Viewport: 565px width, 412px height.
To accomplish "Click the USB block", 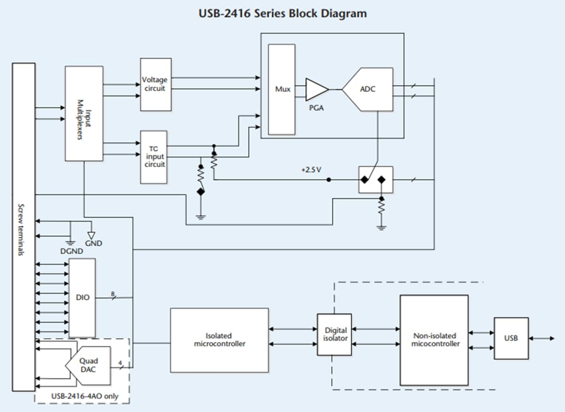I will pyautogui.click(x=511, y=338).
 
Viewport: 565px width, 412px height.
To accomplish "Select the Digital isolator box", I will pyautogui.click(x=334, y=334).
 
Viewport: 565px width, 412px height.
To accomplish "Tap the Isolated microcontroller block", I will pyautogui.click(x=219, y=340).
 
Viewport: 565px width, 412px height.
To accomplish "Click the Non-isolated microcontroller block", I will pyautogui.click(x=434, y=340).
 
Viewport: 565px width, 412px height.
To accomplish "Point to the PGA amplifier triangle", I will pyautogui.click(x=316, y=89).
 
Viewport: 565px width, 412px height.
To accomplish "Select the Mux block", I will pyautogui.click(x=282, y=89).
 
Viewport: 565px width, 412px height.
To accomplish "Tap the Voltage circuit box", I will pyautogui.click(x=155, y=84).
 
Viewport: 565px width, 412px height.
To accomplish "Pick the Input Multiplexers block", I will pyautogui.click(x=84, y=113).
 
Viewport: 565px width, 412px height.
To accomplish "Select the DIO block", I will pyautogui.click(x=82, y=298).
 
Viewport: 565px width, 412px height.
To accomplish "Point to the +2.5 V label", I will pyautogui.click(x=311, y=170).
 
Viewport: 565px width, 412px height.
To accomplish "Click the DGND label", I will pyautogui.click(x=72, y=251).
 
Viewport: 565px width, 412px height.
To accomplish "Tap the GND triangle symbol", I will pyautogui.click(x=91, y=235).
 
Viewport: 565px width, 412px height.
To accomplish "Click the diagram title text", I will pyautogui.click(x=282, y=13).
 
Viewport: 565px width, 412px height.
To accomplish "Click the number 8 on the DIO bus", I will pyautogui.click(x=113, y=294).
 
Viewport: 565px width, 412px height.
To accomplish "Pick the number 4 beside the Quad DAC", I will pyautogui.click(x=120, y=363).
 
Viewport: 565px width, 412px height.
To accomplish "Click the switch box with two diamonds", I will pyautogui.click(x=375, y=179).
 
